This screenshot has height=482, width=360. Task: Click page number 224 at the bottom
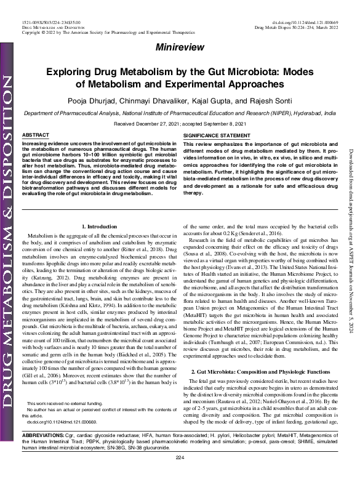click(180, 474)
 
